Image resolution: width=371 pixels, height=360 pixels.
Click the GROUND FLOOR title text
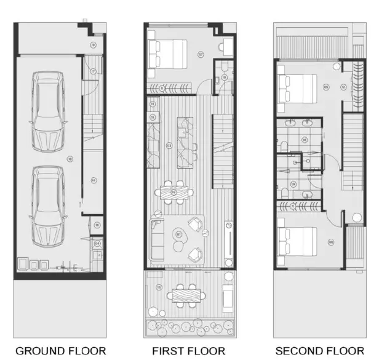pos(60,351)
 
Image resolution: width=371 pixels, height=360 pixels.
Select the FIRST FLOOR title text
pos(189,351)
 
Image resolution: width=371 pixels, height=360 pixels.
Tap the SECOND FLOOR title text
pos(315,351)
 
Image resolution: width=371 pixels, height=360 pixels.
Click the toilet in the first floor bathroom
pos(225,66)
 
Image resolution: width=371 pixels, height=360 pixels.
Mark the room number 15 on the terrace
pos(159,288)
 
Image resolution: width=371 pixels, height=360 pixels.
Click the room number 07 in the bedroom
pos(201,54)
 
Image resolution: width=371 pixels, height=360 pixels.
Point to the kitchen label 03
pos(169,146)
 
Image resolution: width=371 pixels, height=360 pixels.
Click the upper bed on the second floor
pos(298,86)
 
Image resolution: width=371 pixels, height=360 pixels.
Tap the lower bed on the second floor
pos(298,241)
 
